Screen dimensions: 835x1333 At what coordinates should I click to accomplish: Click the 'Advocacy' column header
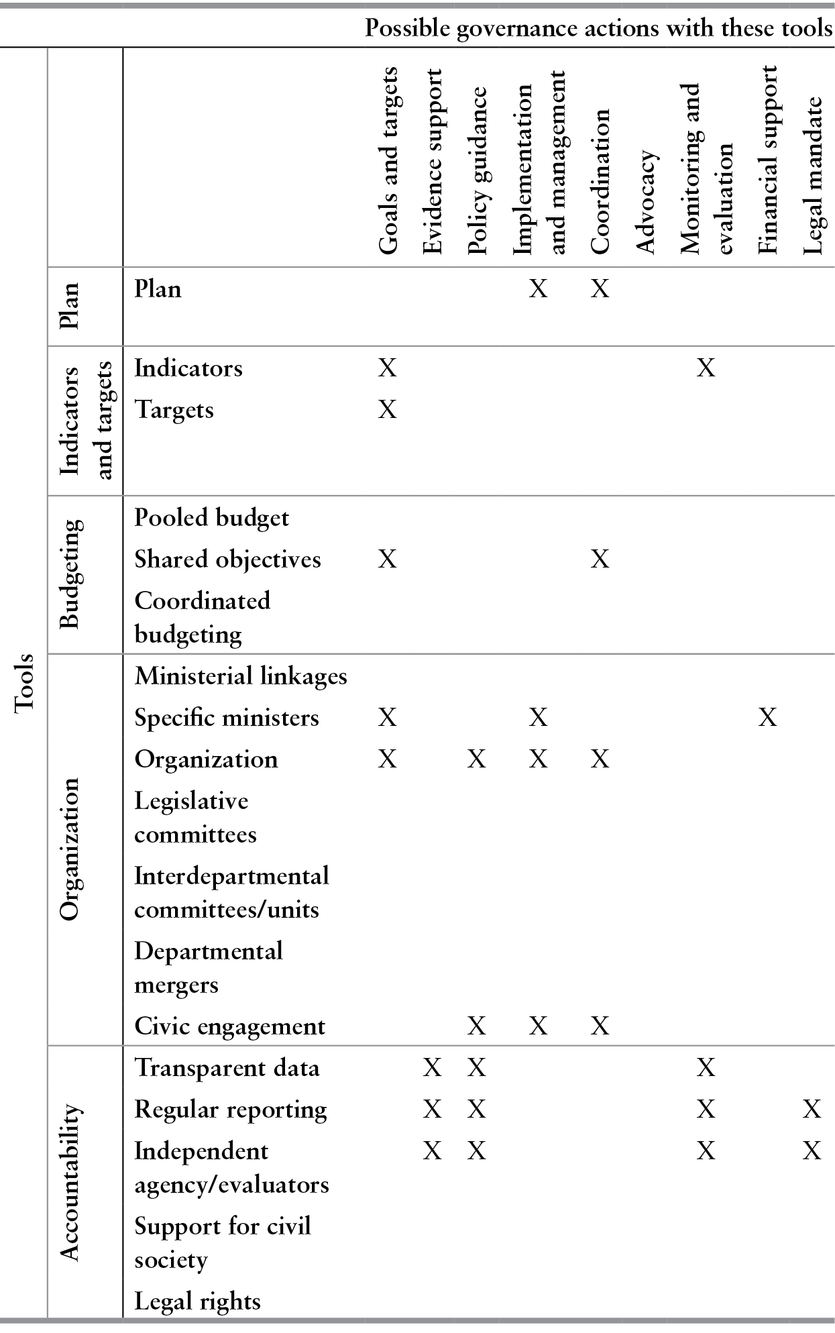point(645,201)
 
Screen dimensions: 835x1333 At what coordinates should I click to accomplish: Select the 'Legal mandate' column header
point(812,176)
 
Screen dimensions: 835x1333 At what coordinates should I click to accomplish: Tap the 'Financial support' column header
point(767,160)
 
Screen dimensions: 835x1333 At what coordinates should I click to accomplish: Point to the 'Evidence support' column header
point(433,161)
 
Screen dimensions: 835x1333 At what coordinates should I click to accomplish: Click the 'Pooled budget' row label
point(211,518)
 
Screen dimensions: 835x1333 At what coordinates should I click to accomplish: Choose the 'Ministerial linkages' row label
point(241,676)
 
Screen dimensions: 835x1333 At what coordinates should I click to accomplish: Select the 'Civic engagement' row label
point(229,1026)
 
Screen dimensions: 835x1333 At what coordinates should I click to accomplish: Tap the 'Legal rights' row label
point(197,1301)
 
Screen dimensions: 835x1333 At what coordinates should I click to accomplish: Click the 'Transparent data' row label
point(227,1067)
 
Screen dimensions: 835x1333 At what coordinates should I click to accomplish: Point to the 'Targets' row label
point(174,409)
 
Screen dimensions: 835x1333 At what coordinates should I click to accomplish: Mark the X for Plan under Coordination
point(600,289)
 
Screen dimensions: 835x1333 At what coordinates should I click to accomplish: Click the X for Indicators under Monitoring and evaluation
point(706,368)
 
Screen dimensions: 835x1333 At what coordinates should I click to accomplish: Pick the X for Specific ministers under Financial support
point(767,718)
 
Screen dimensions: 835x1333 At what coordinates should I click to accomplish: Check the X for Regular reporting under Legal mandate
point(812,1110)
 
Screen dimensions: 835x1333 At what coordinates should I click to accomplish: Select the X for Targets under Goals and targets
point(388,409)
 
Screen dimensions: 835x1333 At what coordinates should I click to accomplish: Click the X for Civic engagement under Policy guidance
point(476,1026)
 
